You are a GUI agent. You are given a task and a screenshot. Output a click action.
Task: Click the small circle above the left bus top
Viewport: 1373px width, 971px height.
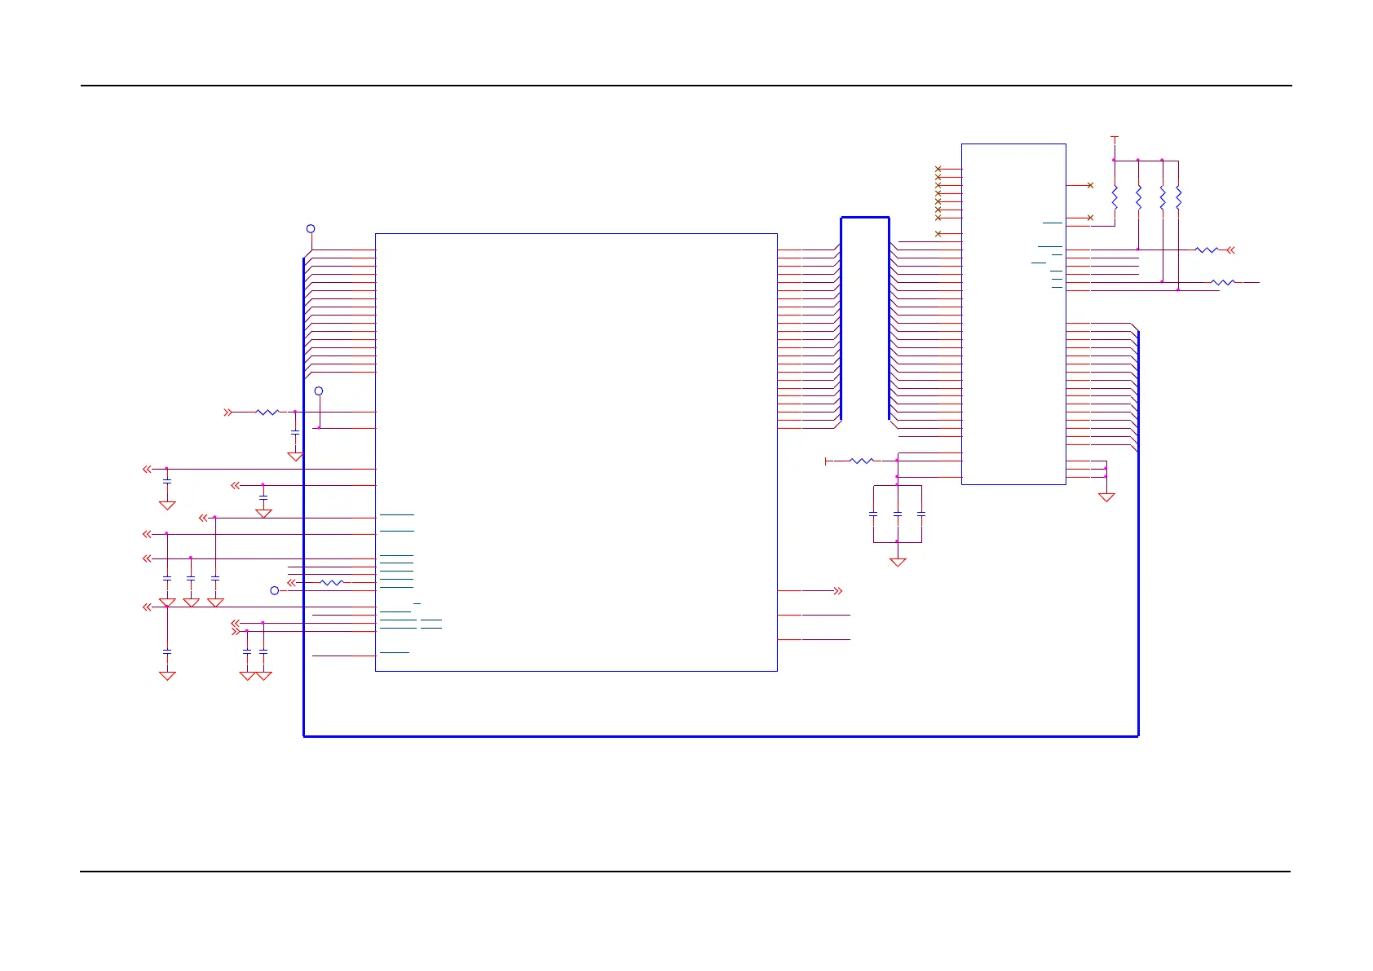pos(310,229)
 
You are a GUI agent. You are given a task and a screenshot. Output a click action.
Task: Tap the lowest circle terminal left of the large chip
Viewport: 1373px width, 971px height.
pos(275,590)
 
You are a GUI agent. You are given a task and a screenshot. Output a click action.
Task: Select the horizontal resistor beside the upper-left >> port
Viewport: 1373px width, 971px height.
pos(267,413)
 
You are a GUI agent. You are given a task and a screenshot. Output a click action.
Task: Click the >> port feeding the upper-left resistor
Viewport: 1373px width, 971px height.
pos(228,413)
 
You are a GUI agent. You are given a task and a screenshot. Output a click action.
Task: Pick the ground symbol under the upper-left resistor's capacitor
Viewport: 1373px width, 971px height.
pos(295,457)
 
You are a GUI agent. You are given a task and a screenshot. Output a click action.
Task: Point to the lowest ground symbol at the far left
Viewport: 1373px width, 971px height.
pos(167,675)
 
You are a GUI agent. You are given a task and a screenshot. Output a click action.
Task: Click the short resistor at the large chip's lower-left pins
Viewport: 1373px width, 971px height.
pos(332,582)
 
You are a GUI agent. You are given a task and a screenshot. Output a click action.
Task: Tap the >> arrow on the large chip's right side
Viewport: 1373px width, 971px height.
pos(837,590)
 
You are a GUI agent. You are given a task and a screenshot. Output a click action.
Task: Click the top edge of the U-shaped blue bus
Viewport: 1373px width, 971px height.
pos(864,218)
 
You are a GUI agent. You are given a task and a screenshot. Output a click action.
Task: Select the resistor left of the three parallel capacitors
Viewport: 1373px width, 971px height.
pos(862,461)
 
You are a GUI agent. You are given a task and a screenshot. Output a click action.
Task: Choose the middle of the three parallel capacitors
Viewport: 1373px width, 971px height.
pos(897,514)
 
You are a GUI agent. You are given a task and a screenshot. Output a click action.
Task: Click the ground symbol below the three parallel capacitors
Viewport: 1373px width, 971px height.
pos(897,562)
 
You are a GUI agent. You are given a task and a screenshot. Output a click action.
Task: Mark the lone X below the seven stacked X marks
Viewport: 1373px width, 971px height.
pos(938,234)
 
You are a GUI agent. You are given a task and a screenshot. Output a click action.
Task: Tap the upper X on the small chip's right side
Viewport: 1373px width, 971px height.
pos(1090,186)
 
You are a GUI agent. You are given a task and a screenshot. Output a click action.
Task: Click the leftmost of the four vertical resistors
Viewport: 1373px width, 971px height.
pos(1114,197)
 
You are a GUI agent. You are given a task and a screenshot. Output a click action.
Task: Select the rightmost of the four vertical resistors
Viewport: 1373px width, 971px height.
pos(1178,197)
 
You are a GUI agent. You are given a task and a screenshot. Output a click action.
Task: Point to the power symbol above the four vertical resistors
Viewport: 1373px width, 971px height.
pos(1114,139)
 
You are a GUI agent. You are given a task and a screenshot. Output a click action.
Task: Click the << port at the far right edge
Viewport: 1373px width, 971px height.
pos(1231,250)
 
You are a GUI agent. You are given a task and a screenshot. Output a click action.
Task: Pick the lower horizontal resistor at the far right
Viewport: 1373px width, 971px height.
pos(1222,282)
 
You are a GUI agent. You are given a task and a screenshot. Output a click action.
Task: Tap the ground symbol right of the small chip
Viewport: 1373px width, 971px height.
pos(1106,497)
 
